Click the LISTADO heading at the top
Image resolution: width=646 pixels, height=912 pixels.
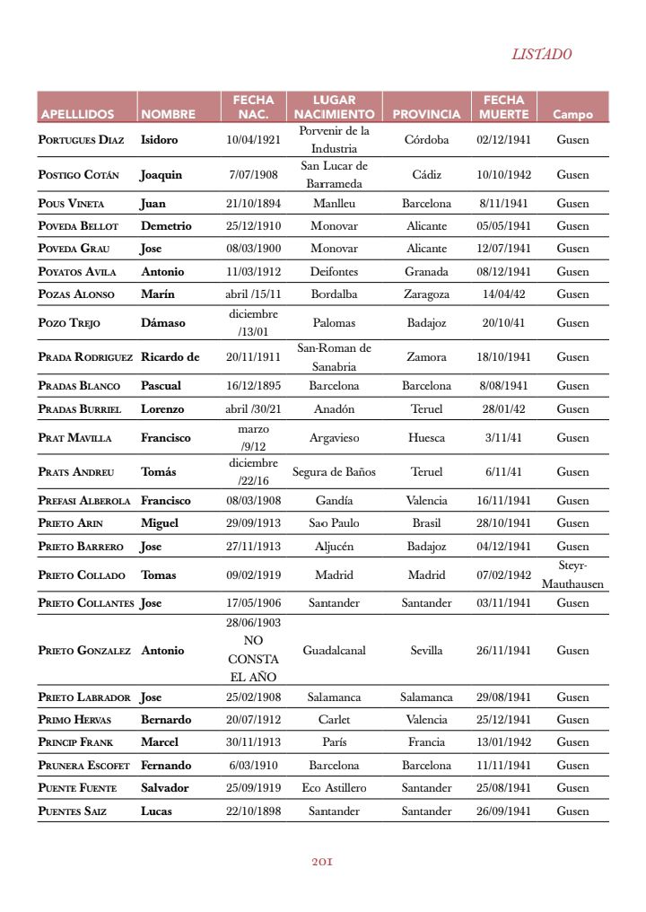point(542,54)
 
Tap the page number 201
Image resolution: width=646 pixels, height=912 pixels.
point(323,861)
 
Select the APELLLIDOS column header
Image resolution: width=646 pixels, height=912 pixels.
point(76,115)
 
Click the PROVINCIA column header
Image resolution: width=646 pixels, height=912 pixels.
point(426,115)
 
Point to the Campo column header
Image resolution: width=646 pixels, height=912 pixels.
point(572,115)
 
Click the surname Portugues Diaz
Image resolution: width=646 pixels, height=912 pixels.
point(81,140)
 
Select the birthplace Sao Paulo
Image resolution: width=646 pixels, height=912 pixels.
point(334,523)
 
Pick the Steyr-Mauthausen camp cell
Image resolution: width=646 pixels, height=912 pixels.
point(572,574)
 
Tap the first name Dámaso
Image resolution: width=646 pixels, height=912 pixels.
point(161,323)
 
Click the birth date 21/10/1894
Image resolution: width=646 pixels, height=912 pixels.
point(253,204)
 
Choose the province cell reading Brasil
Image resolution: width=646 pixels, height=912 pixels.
point(426,523)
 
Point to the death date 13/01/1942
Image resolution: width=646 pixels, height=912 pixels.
point(503,742)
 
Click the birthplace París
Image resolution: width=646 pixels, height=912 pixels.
point(334,742)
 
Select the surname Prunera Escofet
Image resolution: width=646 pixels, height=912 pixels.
point(83,766)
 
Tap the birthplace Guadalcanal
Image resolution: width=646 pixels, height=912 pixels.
point(334,651)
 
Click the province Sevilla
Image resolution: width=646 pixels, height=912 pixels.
point(426,651)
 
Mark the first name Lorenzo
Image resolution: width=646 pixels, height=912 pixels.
point(162,409)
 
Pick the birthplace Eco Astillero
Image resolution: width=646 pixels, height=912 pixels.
point(334,788)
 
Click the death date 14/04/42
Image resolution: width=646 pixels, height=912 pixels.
point(503,294)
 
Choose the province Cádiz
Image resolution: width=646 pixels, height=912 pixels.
point(426,175)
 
